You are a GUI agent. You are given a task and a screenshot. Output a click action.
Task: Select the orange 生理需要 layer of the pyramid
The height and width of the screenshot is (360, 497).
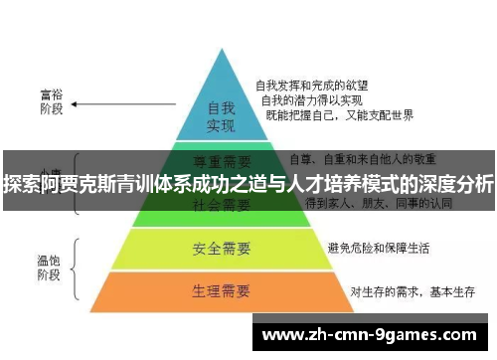221,291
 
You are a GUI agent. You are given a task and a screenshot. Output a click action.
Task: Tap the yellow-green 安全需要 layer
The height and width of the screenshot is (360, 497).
221,246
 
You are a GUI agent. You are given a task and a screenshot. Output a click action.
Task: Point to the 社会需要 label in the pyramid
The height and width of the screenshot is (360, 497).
221,205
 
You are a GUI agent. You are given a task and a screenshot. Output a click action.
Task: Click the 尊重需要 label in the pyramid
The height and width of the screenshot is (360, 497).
221,159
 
